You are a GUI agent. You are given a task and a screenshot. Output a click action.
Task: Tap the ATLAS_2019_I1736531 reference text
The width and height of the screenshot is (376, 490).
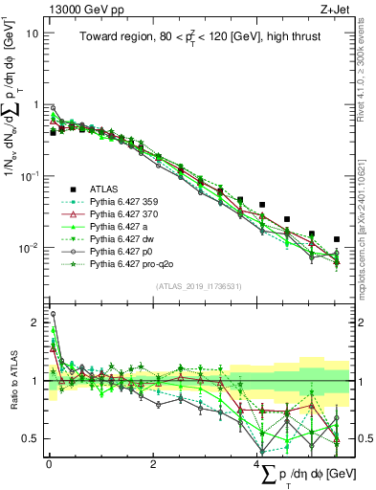click(198, 286)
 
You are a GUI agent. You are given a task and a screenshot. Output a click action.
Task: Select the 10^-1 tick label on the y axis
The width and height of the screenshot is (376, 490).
click(28, 176)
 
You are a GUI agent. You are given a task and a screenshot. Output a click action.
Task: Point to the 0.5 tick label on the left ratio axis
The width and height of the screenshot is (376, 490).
click(31, 439)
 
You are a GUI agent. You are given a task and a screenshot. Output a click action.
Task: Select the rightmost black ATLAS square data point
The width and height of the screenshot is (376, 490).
click(337, 239)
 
